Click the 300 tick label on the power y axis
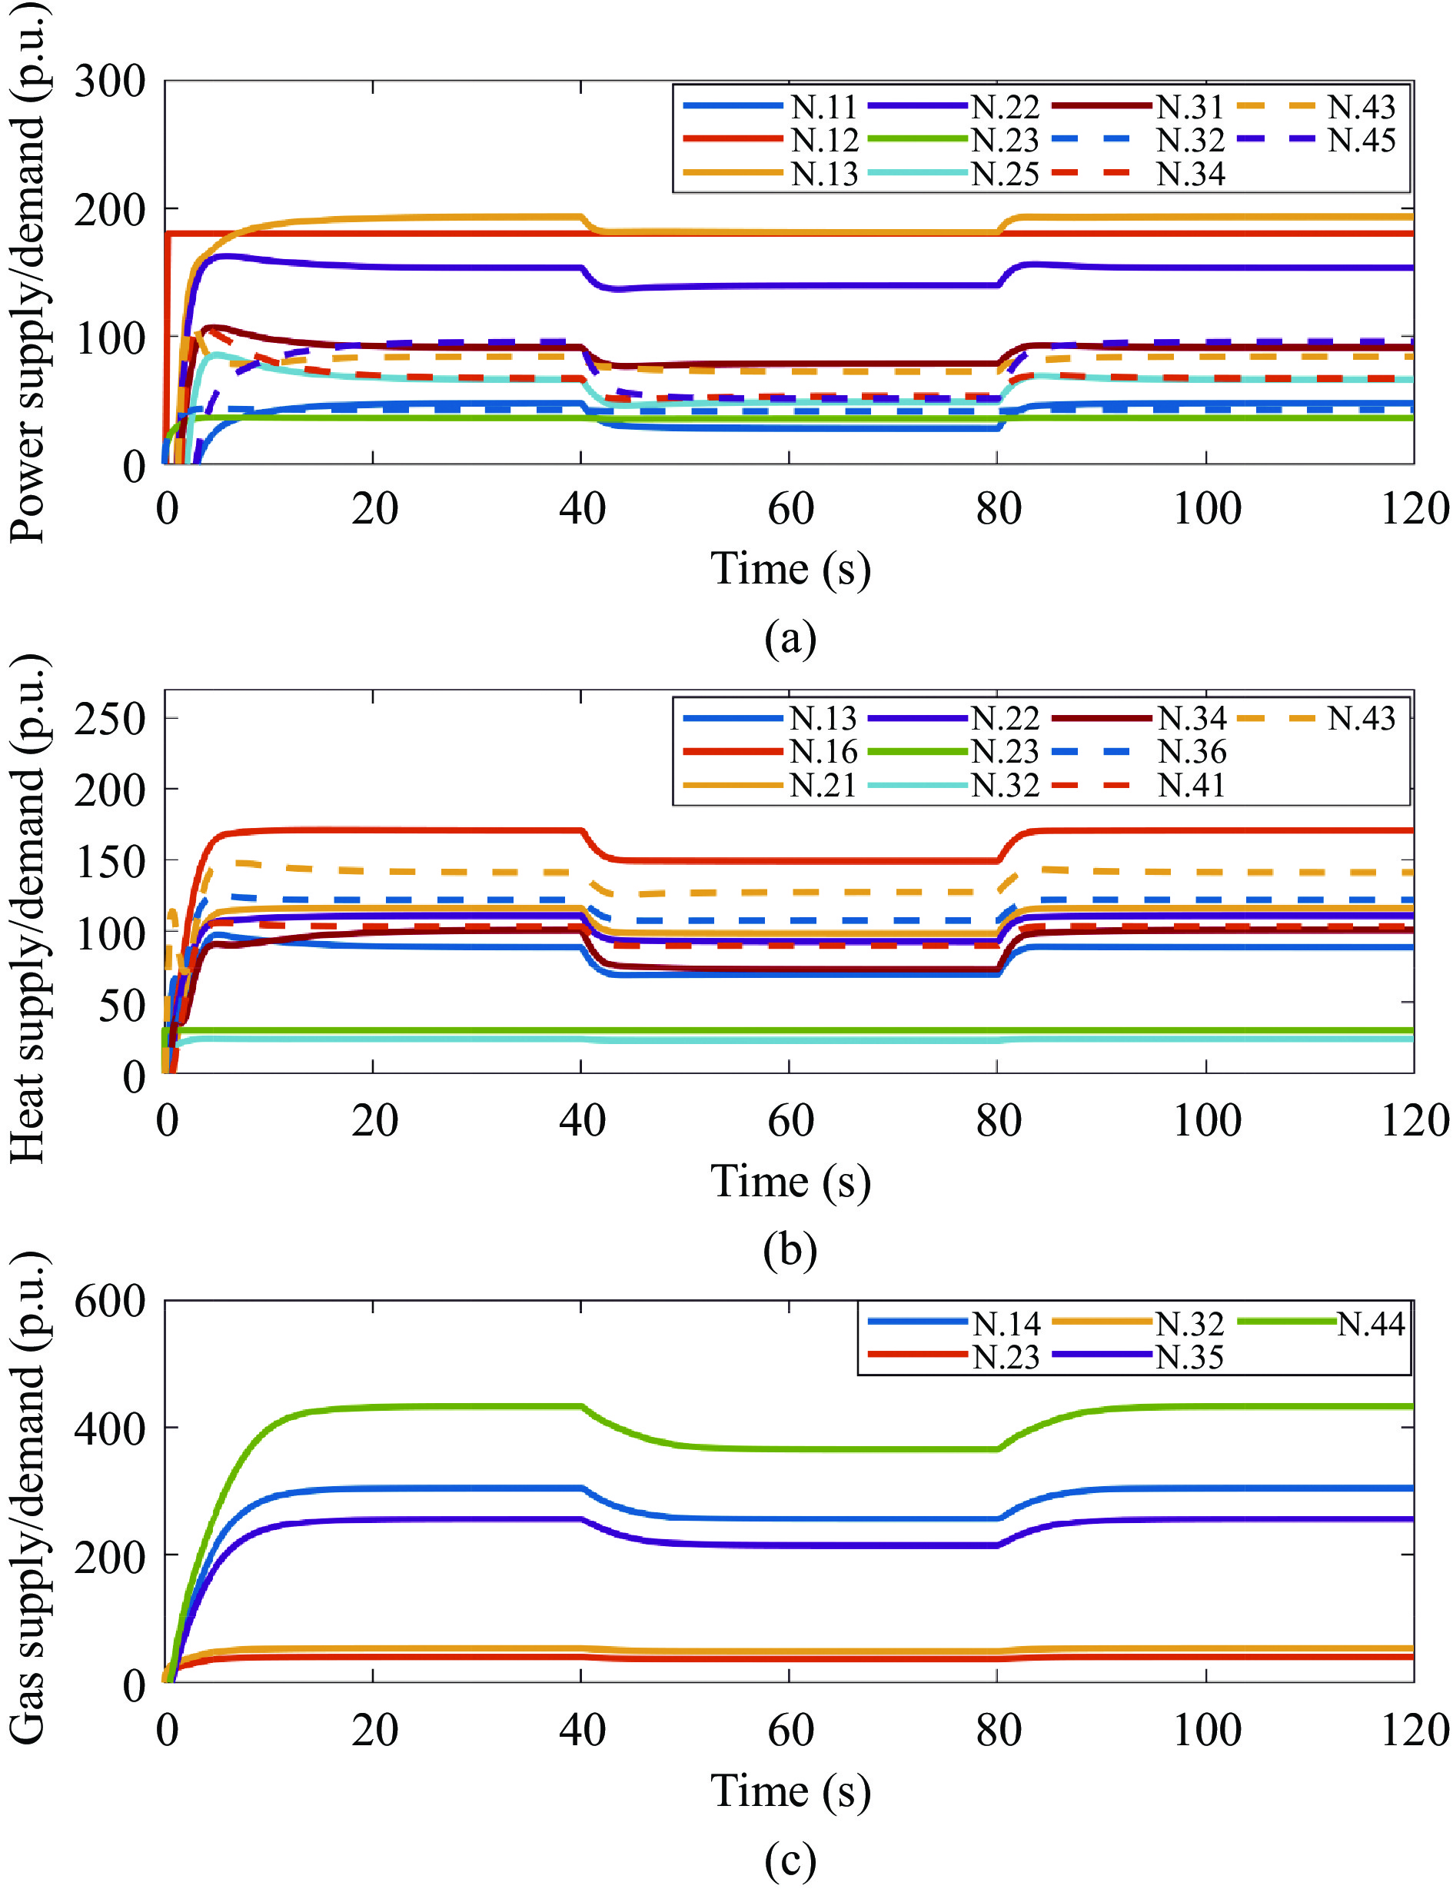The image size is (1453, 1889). point(110,82)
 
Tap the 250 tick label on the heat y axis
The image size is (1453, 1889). point(110,718)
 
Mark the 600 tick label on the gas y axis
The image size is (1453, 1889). point(110,1301)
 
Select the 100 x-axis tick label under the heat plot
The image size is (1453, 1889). point(1206,1120)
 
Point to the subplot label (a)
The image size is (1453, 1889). point(790,637)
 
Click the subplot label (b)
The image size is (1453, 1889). point(790,1248)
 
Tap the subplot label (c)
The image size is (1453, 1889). point(790,1859)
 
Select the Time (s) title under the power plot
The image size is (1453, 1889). point(790,569)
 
